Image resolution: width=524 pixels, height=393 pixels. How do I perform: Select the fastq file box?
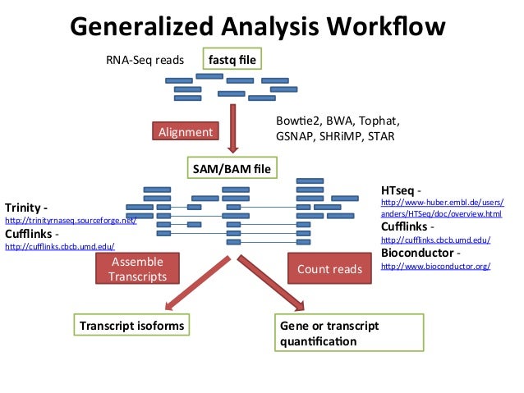point(232,60)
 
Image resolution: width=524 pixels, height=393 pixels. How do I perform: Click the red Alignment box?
point(185,131)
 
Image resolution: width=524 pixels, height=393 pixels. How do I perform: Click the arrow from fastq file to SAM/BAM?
point(233,123)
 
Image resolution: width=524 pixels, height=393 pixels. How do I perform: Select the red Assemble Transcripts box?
point(137,269)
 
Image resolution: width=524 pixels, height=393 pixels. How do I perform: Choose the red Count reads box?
point(329,268)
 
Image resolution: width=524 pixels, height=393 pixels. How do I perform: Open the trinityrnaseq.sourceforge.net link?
point(71,221)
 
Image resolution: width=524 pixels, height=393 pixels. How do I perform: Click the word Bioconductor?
point(419,254)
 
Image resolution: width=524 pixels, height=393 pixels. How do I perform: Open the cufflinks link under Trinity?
point(60,246)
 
